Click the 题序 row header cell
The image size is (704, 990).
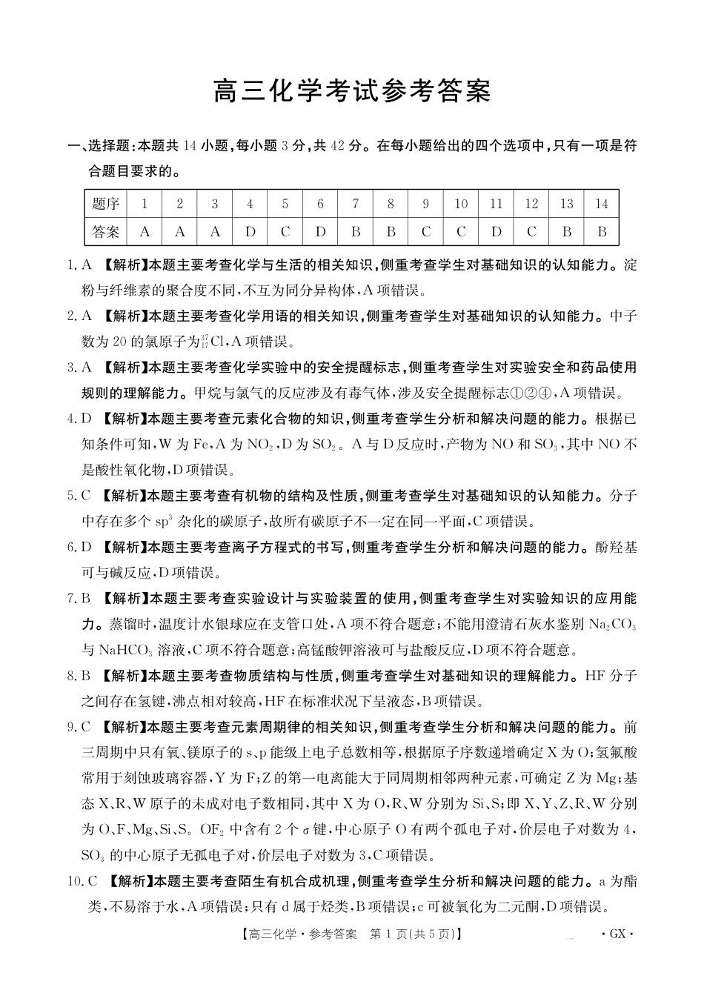[106, 204]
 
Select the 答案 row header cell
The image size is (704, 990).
[106, 232]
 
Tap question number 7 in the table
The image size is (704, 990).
[356, 204]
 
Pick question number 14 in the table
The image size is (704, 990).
[602, 204]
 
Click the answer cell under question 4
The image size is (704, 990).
[250, 232]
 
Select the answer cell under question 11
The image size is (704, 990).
[497, 232]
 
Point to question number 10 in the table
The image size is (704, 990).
[461, 204]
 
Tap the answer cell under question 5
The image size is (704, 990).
[285, 232]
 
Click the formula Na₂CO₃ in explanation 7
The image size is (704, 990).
[612, 625]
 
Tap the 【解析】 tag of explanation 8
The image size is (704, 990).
[124, 676]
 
